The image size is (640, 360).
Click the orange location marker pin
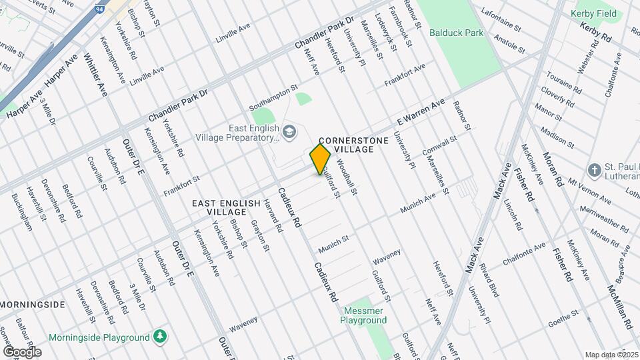pos(321,159)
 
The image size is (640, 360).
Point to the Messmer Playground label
pos(364,315)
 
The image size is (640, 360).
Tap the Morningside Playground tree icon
pos(160,337)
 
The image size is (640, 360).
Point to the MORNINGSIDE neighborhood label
pos(33,305)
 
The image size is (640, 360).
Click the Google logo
pos(22,351)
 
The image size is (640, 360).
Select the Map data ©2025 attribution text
pos(611,355)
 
